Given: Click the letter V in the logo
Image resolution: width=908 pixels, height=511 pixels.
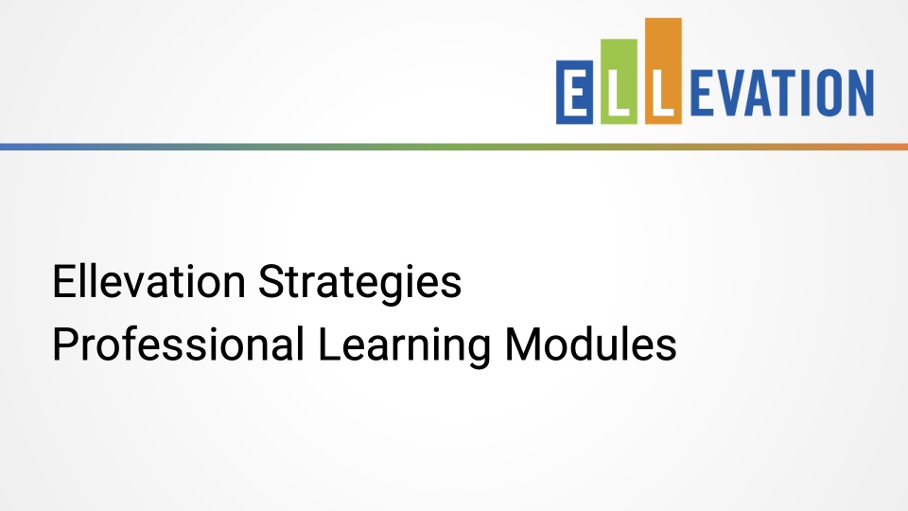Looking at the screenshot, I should pos(733,94).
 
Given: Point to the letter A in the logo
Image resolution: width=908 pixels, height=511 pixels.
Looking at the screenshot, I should pos(763,94).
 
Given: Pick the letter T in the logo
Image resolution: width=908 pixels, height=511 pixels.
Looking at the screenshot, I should pos(791,94).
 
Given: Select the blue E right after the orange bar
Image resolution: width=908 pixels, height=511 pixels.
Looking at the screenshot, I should pos(705,94).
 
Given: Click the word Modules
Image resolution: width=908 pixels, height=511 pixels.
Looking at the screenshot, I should pos(590,345).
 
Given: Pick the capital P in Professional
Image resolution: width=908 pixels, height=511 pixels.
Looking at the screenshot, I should pos(63,345).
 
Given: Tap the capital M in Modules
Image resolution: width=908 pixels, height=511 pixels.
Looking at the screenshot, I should pos(522,345).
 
